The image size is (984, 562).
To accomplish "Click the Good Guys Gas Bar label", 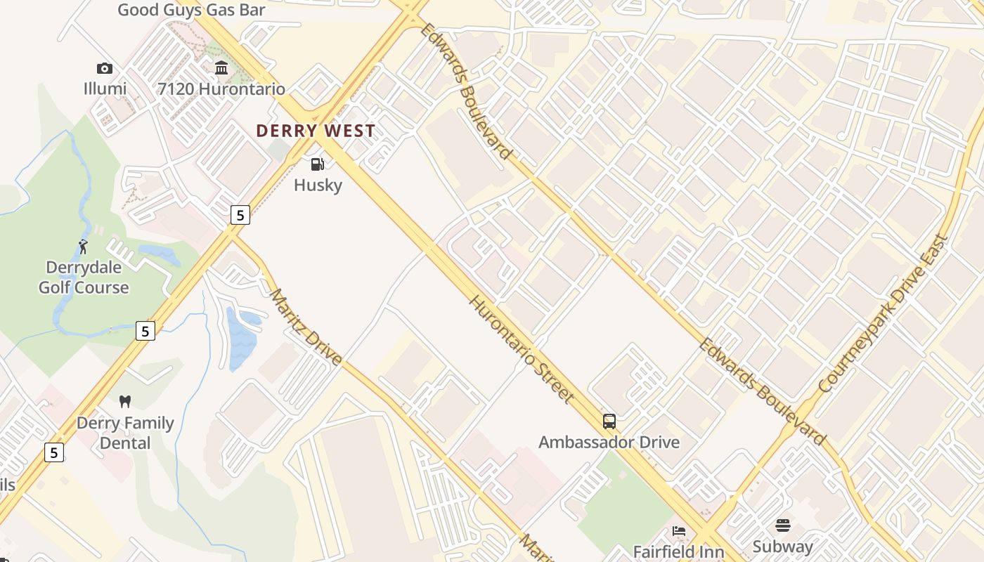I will click(x=191, y=10).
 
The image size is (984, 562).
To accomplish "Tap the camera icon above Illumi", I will click(x=105, y=68).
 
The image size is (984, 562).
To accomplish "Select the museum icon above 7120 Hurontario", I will click(x=221, y=68).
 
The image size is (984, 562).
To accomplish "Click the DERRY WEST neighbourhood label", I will click(x=316, y=131).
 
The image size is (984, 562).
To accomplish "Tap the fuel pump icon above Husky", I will click(x=318, y=164).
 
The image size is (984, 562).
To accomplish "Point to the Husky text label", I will click(x=318, y=185).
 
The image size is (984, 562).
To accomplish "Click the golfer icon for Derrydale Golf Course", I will click(x=84, y=247).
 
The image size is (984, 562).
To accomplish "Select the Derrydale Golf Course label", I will click(x=84, y=277).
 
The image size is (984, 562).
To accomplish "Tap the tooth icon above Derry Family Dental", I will click(x=125, y=402).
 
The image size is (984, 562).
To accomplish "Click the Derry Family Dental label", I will click(x=125, y=433).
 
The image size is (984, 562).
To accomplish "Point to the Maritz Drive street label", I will click(x=306, y=327).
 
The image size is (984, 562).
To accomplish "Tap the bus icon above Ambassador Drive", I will click(x=609, y=421).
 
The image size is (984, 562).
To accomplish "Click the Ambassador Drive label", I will click(x=609, y=442).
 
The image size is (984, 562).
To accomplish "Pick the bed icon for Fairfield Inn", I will click(x=678, y=531).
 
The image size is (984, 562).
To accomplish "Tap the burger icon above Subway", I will click(x=783, y=525).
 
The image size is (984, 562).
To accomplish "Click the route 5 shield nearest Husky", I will click(x=240, y=215).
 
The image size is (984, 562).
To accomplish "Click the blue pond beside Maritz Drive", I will click(x=240, y=337).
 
